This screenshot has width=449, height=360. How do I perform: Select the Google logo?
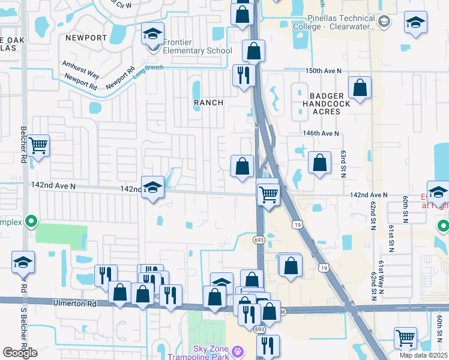click(x=20, y=352)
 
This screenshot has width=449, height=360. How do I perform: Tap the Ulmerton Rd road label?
click(x=74, y=304)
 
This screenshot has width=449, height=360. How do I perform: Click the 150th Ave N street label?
click(x=323, y=71)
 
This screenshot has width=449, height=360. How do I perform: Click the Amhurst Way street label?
click(x=80, y=68)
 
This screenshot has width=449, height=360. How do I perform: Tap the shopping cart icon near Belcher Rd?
click(x=38, y=145)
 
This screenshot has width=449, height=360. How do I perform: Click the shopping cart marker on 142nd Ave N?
click(x=268, y=193)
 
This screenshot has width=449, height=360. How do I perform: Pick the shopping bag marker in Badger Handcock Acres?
click(x=360, y=88)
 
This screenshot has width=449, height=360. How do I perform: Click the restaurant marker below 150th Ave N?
click(x=244, y=76)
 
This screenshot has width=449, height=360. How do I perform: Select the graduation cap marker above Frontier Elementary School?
click(x=152, y=34)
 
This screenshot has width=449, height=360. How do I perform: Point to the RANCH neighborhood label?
click(x=208, y=103)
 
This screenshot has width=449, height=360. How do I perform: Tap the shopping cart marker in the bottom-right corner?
click(x=405, y=338)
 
